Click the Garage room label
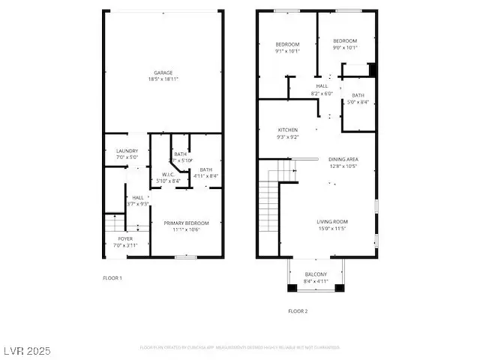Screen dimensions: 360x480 click(163, 73)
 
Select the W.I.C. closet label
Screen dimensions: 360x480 click(168, 175)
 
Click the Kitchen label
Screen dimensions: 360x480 click(289, 130)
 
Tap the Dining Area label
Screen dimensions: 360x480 click(343, 159)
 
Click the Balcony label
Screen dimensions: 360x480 click(316, 274)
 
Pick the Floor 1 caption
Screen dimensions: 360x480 click(112, 277)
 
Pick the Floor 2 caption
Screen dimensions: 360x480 click(298, 310)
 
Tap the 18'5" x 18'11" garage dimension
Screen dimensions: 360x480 click(163, 79)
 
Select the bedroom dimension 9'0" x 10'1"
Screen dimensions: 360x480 click(345, 48)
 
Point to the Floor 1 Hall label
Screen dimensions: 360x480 click(138, 197)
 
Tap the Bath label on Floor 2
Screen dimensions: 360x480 click(358, 95)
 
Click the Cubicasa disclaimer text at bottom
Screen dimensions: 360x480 click(240, 347)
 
